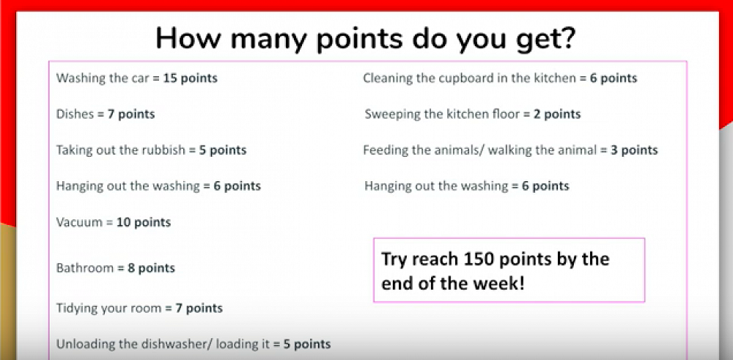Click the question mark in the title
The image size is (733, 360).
click(565, 39)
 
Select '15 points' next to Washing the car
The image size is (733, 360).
click(191, 78)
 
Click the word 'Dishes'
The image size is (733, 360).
click(75, 114)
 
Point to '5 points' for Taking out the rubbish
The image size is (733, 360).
click(223, 150)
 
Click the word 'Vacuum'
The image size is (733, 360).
click(79, 222)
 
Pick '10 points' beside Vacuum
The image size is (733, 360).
click(144, 222)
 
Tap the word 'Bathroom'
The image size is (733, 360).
click(85, 268)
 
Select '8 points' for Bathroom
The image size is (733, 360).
click(152, 268)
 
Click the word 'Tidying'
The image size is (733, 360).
click(75, 309)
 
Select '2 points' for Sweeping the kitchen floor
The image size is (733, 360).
click(557, 114)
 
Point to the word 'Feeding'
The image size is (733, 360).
click(383, 150)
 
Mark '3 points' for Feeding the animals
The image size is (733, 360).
click(634, 150)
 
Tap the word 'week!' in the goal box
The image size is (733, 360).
click(504, 284)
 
